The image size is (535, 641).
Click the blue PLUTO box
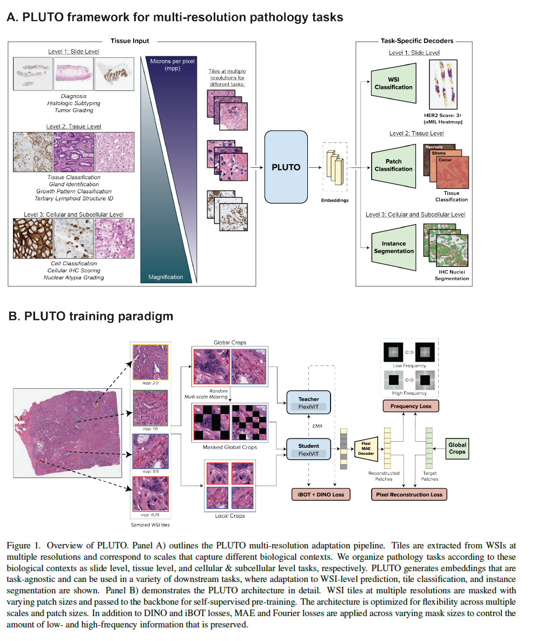tap(286, 167)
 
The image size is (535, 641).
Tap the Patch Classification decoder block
tap(393, 165)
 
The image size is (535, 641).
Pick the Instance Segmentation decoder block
tap(393, 247)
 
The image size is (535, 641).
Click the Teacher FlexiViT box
tap(308, 402)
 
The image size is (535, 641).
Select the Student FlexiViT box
tap(308, 449)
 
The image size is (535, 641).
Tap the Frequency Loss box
tap(411, 406)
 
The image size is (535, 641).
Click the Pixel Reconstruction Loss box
tap(409, 494)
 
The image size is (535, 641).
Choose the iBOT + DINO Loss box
tap(321, 494)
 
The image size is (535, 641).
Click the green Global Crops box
tap(457, 448)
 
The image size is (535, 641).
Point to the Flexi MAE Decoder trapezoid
tap(366, 448)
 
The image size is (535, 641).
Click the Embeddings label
tap(335, 200)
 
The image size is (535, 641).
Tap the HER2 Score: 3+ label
tap(443, 115)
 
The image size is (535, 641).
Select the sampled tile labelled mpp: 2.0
tap(150, 362)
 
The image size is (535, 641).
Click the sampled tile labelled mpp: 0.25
tap(150, 494)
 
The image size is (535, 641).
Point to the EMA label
tap(318, 426)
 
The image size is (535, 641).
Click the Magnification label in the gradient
tap(166, 277)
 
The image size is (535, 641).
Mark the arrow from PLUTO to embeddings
tap(315, 167)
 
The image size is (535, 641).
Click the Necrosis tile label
tap(434, 147)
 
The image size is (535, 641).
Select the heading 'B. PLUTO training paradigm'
tap(91, 316)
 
